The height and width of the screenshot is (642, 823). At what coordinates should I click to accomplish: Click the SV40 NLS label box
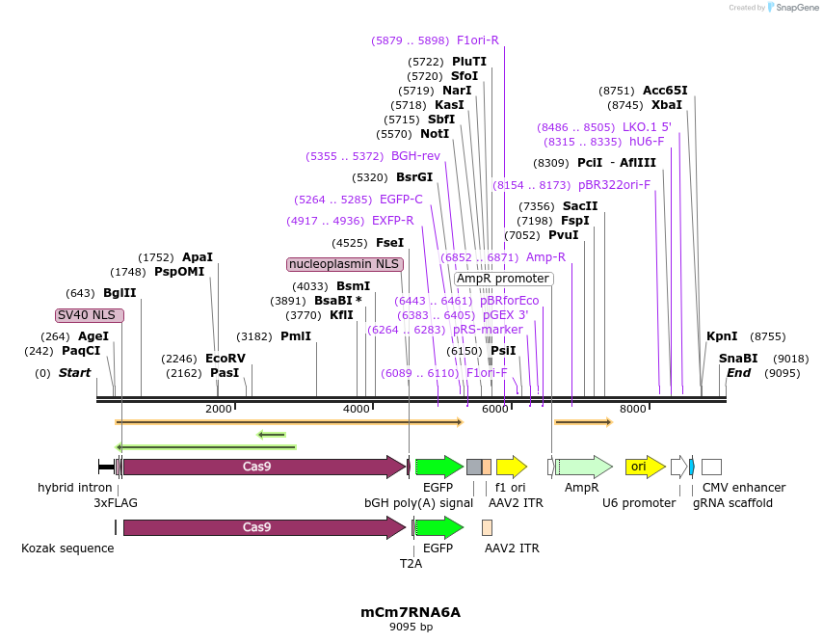pyautogui.click(x=89, y=315)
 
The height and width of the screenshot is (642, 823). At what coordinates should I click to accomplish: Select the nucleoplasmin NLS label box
pyautogui.click(x=345, y=263)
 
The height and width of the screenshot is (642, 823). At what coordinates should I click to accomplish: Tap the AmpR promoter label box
pyautogui.click(x=503, y=279)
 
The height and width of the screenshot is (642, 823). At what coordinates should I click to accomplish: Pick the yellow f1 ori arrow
pyautogui.click(x=511, y=467)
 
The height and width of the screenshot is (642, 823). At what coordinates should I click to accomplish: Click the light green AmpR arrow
pyautogui.click(x=584, y=467)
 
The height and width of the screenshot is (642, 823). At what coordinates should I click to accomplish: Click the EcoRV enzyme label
pyautogui.click(x=226, y=358)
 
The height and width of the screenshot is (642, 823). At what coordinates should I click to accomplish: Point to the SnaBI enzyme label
pyautogui.click(x=738, y=358)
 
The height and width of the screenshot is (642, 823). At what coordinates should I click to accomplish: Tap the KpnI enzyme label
pyautogui.click(x=722, y=336)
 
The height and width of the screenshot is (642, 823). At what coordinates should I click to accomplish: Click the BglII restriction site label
pyautogui.click(x=119, y=293)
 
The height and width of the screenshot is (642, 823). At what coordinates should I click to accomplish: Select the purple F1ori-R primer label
pyautogui.click(x=478, y=40)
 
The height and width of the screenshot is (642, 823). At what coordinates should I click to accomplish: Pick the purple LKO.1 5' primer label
pyautogui.click(x=647, y=126)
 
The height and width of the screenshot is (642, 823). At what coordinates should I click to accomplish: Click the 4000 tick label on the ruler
pyautogui.click(x=357, y=409)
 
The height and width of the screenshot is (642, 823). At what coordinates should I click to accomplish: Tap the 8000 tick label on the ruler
pyautogui.click(x=632, y=409)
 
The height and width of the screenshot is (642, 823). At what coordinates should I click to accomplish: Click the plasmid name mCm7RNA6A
pyautogui.click(x=411, y=612)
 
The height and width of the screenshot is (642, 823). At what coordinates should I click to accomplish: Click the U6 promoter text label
pyautogui.click(x=639, y=502)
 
